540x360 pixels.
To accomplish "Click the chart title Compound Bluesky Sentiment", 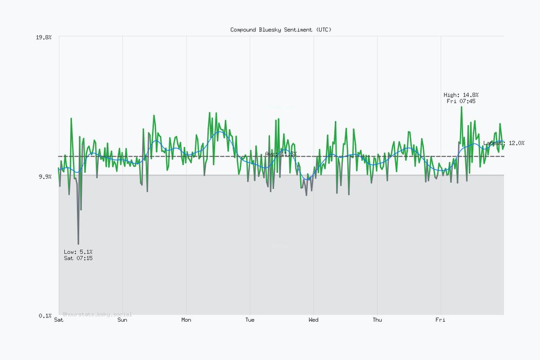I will tap(281, 30).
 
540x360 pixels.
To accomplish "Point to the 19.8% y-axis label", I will tap(44, 37).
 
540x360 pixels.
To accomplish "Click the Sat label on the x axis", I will tap(59, 320).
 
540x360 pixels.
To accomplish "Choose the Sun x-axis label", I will tap(123, 320).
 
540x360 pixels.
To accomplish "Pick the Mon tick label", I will tap(186, 320).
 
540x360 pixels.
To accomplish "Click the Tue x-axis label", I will tap(249, 320).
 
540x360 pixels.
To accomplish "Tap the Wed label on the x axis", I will tap(313, 320).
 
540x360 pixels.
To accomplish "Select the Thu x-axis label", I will tap(377, 320).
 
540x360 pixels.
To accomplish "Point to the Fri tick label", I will tap(441, 320).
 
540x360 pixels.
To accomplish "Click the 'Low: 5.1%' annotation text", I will tap(78, 252).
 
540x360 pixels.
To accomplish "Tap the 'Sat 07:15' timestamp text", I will tap(78, 259).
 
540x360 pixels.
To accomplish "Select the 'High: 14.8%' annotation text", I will tap(461, 95).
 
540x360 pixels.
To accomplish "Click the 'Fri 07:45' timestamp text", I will tap(461, 101).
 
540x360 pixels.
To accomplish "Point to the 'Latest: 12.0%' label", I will tap(504, 143).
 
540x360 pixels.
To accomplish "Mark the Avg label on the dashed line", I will tap(281, 154).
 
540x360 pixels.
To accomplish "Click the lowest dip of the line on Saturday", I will tap(78, 244).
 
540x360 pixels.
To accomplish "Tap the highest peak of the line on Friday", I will tap(461, 107).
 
